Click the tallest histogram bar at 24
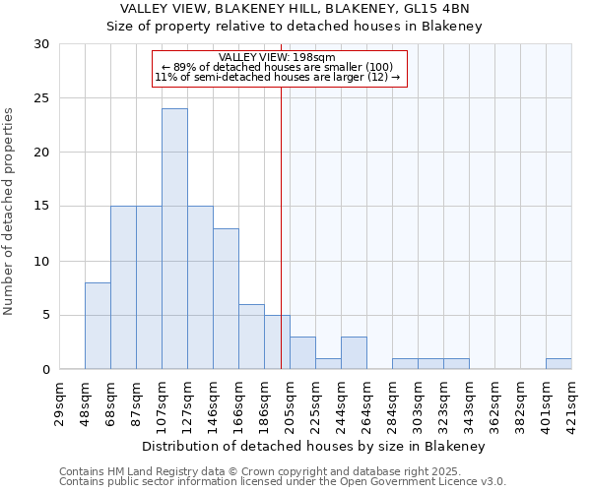point(174,239)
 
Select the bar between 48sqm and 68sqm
point(98,326)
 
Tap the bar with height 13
point(226,298)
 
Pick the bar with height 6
point(251,337)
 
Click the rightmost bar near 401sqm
point(558,363)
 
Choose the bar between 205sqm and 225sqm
point(302,352)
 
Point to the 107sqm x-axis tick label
point(162,401)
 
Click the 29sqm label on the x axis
point(59,401)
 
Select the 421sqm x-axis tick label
point(571,401)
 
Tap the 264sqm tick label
point(366,401)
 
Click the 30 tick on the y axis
point(40,44)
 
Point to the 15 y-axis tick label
point(40,207)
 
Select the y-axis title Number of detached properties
point(10,212)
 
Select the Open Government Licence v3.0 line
point(283,481)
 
